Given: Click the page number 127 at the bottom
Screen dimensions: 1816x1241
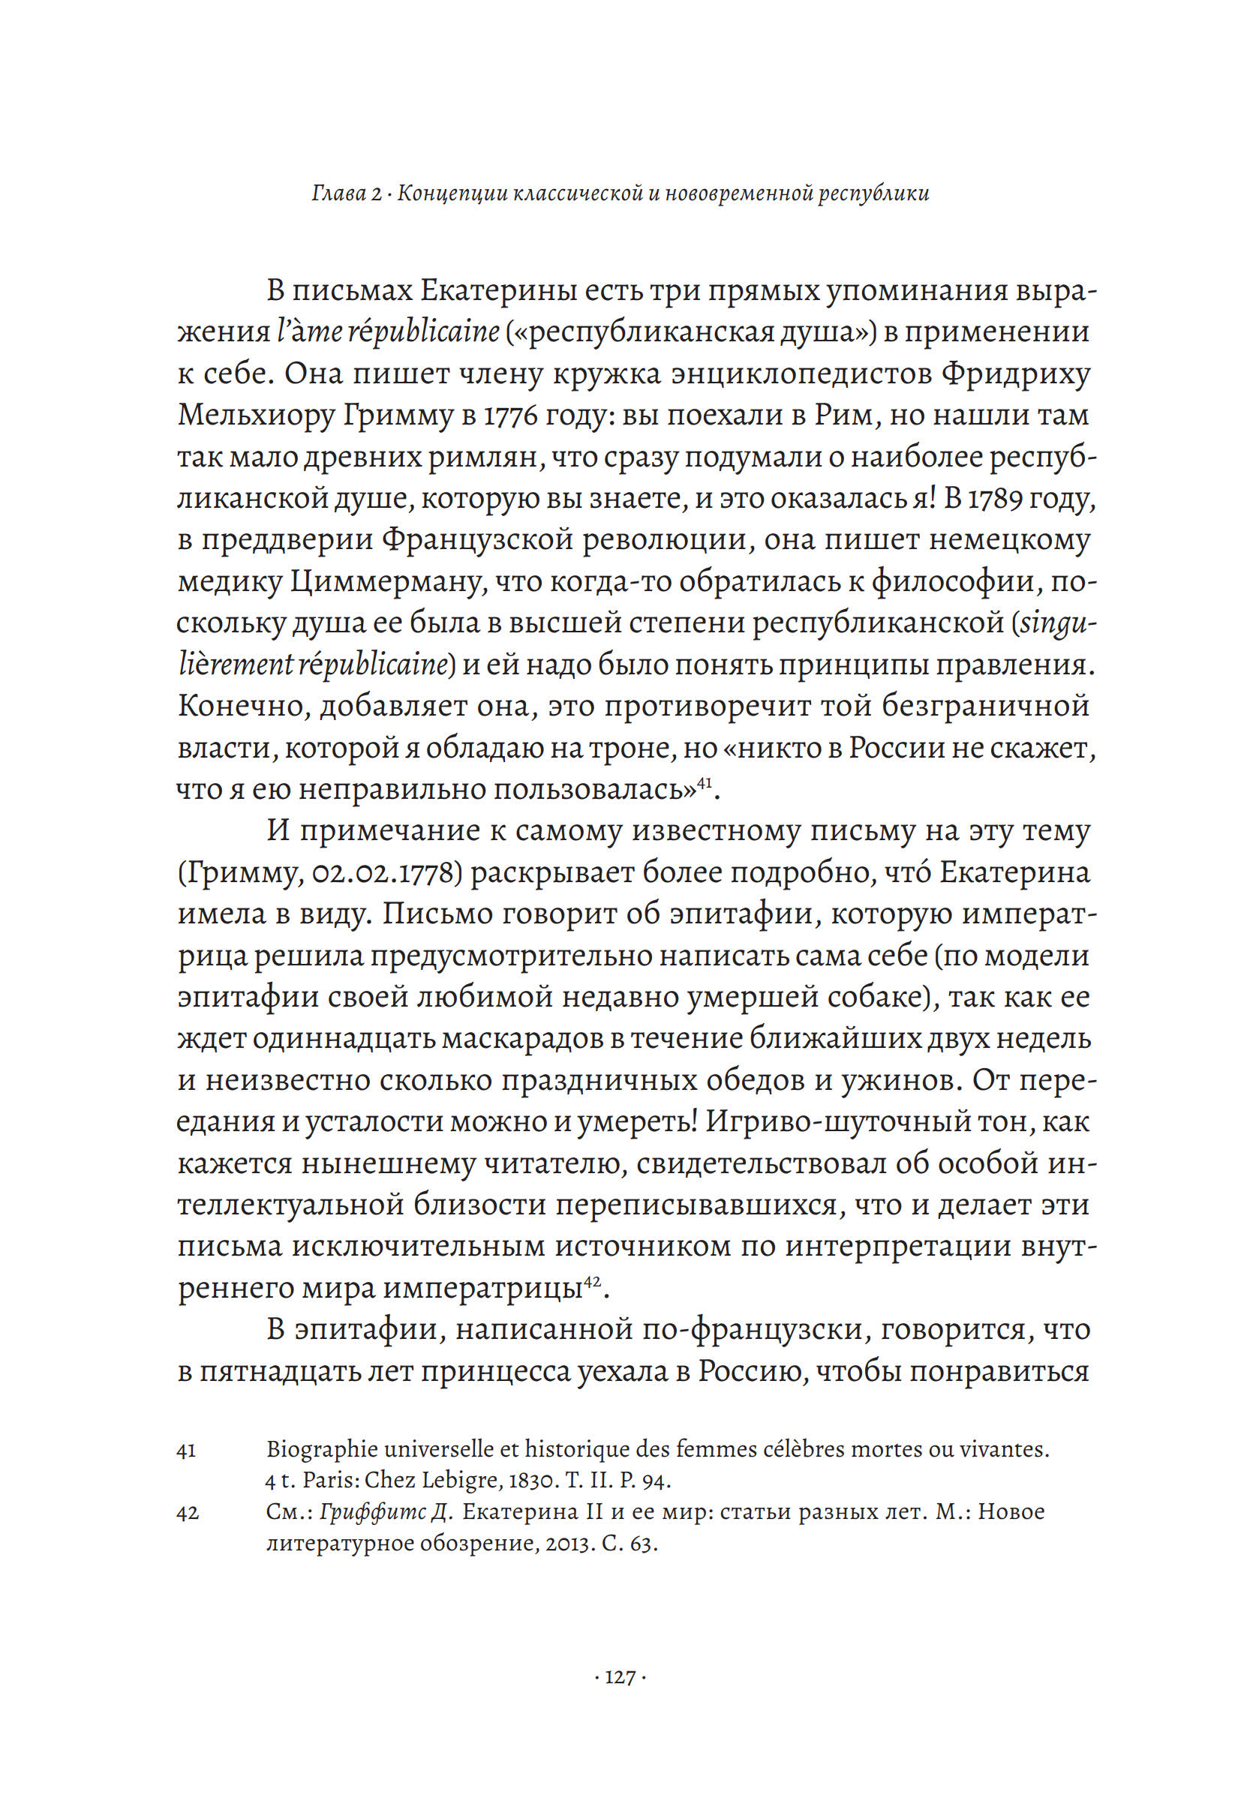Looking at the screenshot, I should [620, 1676].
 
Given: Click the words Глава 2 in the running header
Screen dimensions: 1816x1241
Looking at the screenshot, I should [346, 193].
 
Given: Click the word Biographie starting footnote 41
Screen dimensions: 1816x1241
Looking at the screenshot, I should [326, 1449].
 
